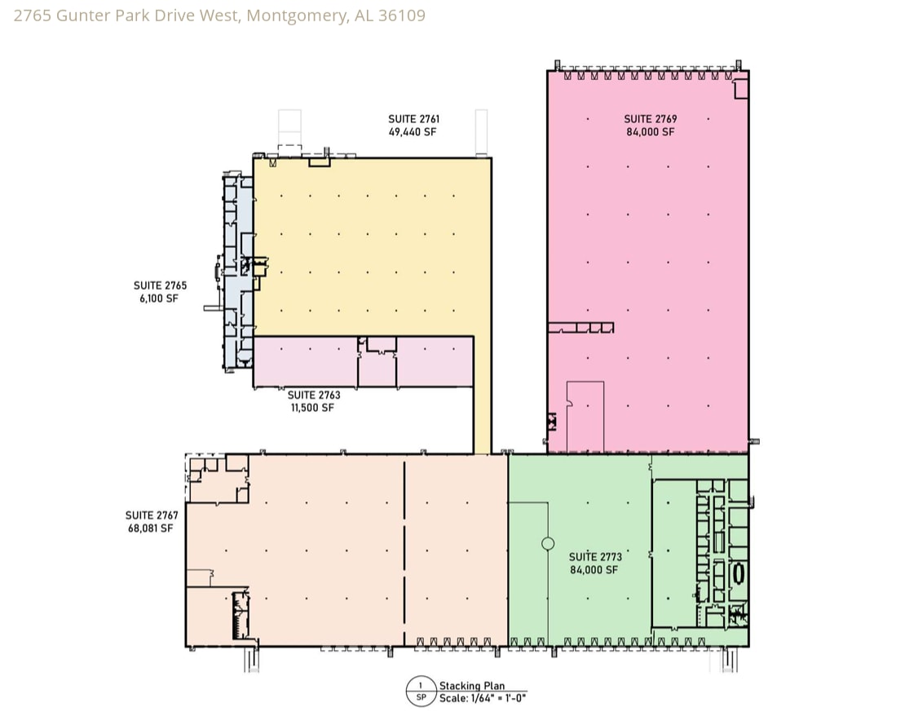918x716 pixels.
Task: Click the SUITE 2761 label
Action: (414, 119)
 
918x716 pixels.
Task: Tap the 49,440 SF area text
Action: (413, 132)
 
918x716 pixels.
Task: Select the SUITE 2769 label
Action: (651, 119)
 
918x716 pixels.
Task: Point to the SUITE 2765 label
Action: (160, 285)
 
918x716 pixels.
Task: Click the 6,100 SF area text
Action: (159, 298)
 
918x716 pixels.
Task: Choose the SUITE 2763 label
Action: (314, 396)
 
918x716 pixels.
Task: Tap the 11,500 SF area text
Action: (312, 408)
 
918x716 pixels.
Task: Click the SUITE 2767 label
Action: (152, 515)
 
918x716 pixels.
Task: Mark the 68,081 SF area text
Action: (151, 528)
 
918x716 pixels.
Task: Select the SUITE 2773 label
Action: (595, 557)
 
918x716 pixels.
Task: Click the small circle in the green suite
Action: (548, 544)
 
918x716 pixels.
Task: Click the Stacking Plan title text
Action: (472, 686)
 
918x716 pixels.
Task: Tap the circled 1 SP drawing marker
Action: (421, 692)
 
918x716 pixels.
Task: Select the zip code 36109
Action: (402, 15)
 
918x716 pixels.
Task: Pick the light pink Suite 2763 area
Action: (363, 361)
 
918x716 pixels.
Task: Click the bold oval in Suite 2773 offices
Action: (739, 574)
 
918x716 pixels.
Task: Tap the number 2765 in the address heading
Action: (32, 15)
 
